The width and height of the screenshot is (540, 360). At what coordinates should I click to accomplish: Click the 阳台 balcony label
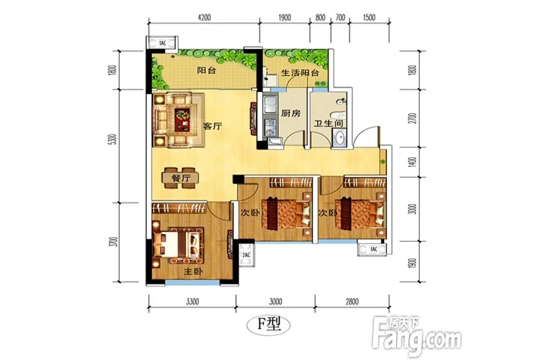tap(206, 70)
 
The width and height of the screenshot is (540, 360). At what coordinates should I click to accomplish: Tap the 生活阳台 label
tap(300, 73)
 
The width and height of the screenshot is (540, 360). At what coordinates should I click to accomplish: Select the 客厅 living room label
tap(212, 126)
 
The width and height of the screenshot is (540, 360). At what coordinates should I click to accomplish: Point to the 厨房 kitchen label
tap(290, 113)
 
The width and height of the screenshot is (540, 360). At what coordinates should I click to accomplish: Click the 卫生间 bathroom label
tap(328, 123)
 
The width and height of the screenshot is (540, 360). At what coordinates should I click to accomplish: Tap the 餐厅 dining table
tap(181, 178)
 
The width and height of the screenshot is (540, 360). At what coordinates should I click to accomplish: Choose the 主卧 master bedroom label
tap(193, 271)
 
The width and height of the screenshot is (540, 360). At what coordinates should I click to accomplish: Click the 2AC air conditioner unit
tap(246, 254)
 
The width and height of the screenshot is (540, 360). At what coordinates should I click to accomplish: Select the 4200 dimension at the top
tap(204, 17)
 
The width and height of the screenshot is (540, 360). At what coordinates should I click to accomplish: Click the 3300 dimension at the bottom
tap(192, 302)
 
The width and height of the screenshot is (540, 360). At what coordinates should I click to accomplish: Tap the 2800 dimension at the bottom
tap(352, 302)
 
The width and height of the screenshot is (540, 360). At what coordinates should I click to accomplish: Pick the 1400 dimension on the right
tap(413, 162)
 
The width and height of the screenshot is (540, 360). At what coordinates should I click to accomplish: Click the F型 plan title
tap(269, 324)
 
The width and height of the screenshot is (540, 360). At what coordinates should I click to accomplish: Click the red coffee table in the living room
tap(182, 119)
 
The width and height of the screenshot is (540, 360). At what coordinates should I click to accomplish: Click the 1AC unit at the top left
tap(162, 43)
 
